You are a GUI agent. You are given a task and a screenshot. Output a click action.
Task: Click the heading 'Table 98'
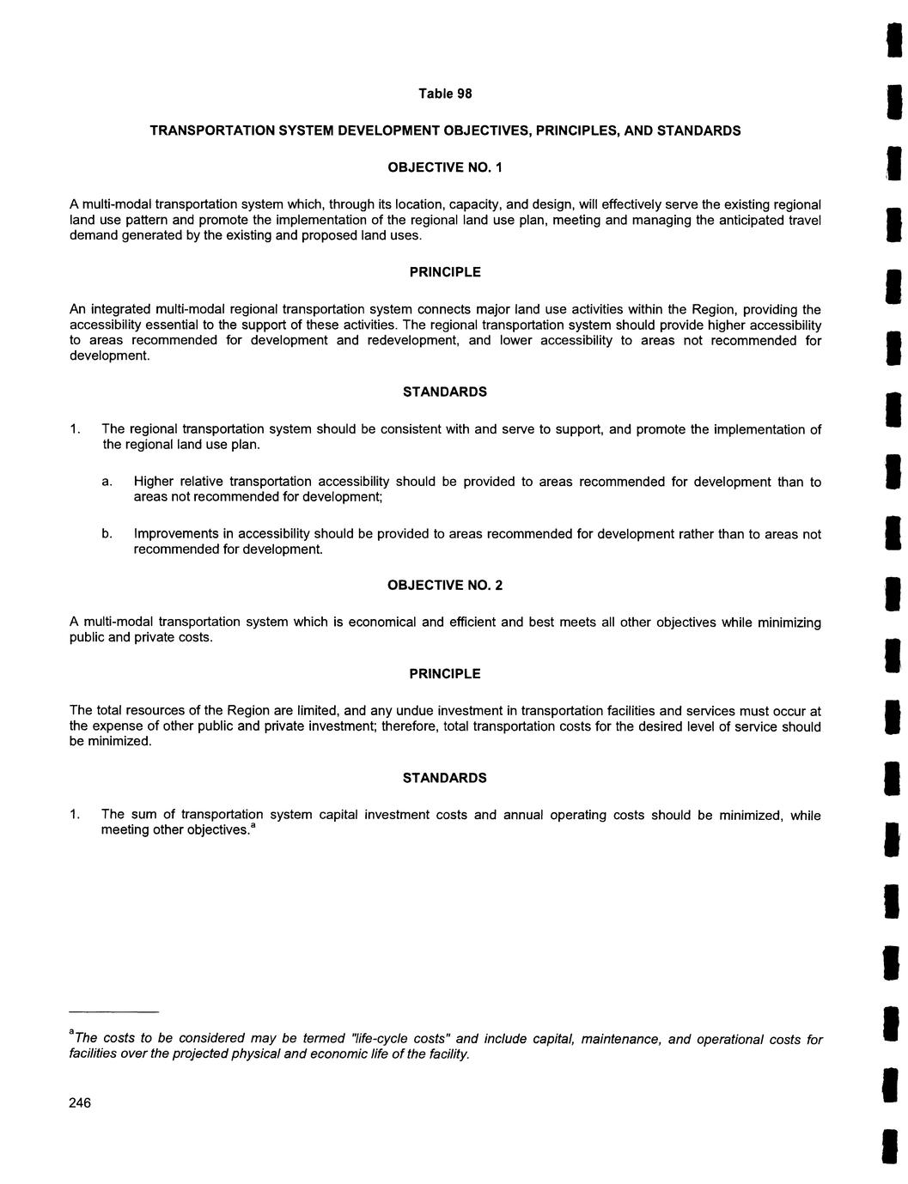[445, 94]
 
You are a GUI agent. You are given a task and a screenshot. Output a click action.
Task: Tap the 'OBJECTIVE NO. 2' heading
[445, 586]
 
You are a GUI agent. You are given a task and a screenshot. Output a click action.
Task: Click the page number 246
[80, 1103]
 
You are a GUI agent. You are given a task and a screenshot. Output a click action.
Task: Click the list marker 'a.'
[107, 482]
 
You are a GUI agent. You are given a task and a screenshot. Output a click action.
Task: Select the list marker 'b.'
[107, 534]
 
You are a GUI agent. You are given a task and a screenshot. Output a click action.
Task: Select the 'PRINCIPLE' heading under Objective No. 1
[445, 272]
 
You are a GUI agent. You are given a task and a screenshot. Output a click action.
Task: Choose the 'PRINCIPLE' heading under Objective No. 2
[445, 674]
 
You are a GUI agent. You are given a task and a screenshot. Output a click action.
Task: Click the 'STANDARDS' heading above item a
[445, 392]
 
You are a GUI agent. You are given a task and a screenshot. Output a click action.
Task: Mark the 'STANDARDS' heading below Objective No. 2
[445, 778]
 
